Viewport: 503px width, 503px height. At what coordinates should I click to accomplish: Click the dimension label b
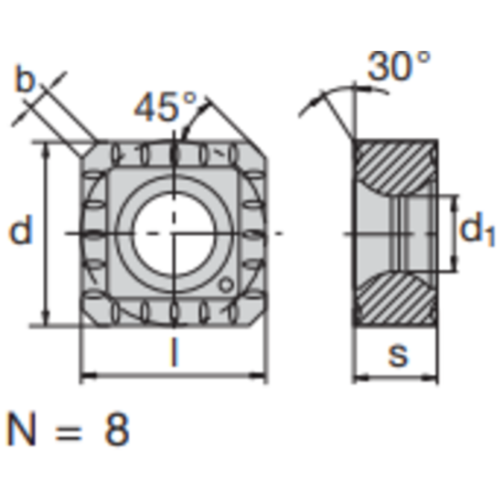point(25,81)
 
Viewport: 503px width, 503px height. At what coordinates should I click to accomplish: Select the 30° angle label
point(399,66)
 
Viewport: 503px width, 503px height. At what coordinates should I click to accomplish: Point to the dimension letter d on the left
point(20,231)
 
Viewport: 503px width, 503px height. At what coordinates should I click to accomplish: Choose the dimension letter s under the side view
point(396,354)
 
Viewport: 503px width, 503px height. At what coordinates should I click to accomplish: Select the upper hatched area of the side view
point(394,165)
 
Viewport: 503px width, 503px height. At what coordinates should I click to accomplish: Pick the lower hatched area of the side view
point(394,300)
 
